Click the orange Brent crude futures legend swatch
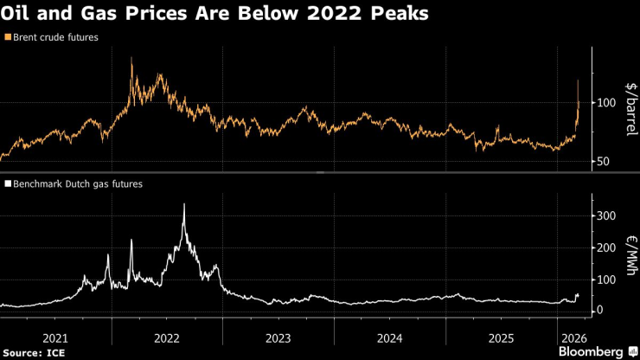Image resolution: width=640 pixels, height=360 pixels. click(8, 37)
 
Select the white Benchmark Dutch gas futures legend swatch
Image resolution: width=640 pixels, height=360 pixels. click(8, 184)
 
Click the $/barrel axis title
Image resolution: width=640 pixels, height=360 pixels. click(630, 109)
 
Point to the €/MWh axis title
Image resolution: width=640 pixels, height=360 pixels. click(630, 255)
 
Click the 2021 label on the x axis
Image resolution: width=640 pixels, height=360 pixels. click(55, 337)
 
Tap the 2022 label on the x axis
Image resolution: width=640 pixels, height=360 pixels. click(167, 337)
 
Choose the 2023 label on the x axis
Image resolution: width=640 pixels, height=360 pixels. click(278, 337)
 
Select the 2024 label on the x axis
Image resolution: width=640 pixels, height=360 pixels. click(390, 337)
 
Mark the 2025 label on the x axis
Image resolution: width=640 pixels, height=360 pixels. click(502, 337)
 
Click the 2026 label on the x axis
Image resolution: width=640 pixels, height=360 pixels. click(574, 337)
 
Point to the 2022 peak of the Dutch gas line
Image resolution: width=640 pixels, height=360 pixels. click(184, 204)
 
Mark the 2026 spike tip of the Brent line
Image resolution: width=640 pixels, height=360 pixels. click(578, 80)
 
